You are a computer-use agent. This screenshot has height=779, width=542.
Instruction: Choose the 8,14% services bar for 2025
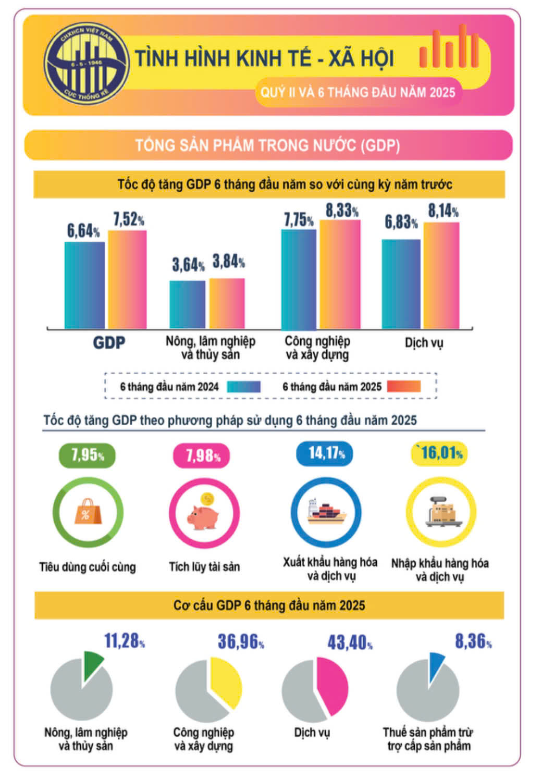tap(441, 276)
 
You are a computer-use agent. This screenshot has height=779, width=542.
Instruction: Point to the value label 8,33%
tap(342, 211)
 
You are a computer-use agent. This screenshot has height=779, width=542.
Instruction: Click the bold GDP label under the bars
tap(109, 343)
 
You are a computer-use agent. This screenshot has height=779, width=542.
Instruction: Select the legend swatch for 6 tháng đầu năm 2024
tap(244, 387)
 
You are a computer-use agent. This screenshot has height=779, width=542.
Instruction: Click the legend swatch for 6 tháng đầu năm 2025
tap(403, 387)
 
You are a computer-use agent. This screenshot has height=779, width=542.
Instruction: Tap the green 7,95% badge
tap(87, 455)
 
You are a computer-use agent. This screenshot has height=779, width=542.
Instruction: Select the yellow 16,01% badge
tap(440, 453)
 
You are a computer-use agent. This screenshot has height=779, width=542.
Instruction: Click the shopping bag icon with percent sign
tap(87, 512)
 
